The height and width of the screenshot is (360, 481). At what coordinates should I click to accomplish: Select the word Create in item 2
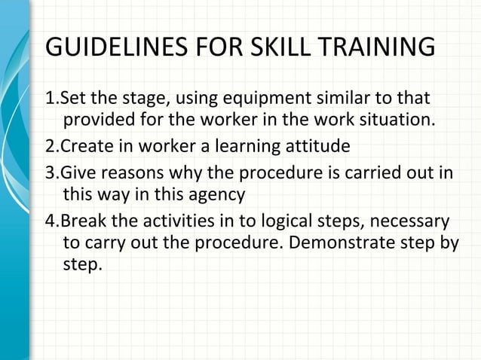[83, 145]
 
